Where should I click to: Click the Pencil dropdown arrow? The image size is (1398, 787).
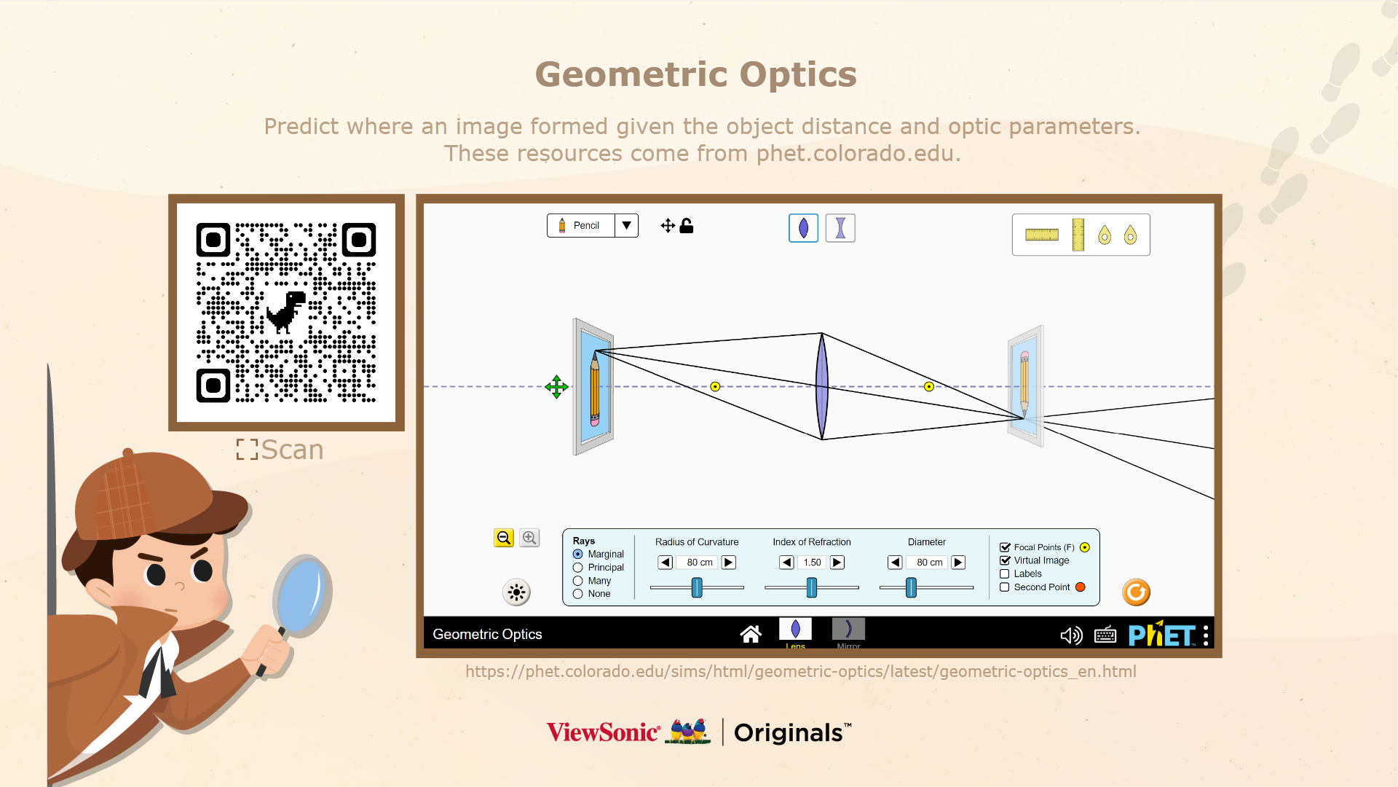[x=626, y=226]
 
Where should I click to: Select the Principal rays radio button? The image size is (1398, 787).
[x=578, y=568]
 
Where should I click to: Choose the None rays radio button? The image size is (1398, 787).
[x=578, y=594]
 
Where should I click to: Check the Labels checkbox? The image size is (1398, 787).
[x=1005, y=574]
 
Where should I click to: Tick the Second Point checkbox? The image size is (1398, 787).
[x=1005, y=587]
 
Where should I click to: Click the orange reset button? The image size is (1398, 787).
[x=1136, y=592]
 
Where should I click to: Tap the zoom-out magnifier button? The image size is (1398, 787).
[x=504, y=538]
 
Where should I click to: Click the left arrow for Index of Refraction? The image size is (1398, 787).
[x=786, y=563]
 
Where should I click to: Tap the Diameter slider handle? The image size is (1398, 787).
[x=911, y=587]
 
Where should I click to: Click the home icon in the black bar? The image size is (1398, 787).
[x=751, y=635]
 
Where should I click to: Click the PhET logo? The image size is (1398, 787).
[x=1161, y=635]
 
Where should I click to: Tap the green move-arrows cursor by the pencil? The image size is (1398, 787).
[x=556, y=387]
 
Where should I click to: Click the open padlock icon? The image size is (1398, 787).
[x=686, y=226]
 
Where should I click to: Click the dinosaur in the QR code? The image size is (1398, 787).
[x=285, y=312]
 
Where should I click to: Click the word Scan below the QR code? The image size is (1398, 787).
[x=292, y=450]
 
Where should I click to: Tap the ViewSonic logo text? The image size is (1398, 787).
[x=604, y=732]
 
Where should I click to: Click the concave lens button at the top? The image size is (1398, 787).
[x=840, y=228]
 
